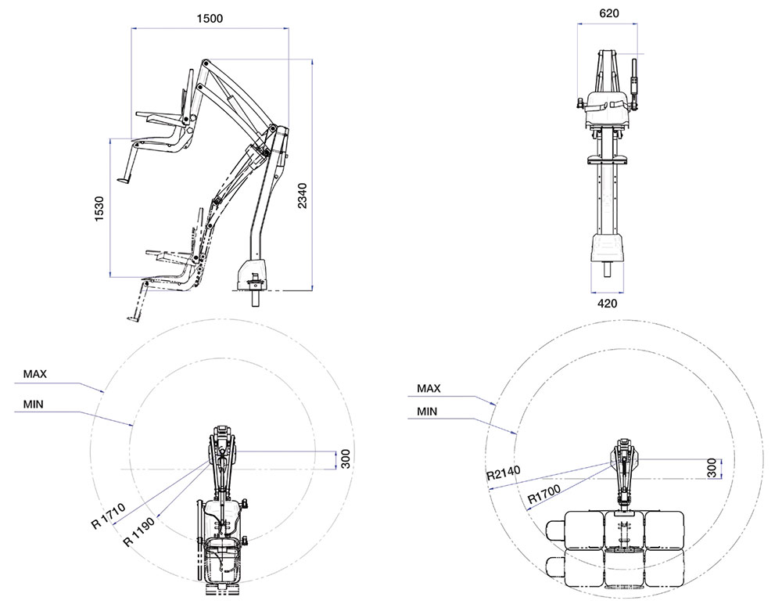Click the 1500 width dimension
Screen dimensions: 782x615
pyautogui.click(x=210, y=19)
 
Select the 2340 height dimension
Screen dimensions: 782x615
pyautogui.click(x=302, y=196)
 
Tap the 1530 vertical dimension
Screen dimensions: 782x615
pyautogui.click(x=99, y=209)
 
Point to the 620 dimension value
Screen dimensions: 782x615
pyautogui.click(x=609, y=13)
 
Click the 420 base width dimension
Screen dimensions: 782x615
pyautogui.click(x=607, y=303)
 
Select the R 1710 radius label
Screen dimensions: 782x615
pyautogui.click(x=108, y=516)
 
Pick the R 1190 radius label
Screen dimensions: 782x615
pyautogui.click(x=138, y=532)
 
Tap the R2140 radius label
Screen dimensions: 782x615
pyautogui.click(x=504, y=473)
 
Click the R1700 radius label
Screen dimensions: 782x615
pyautogui.click(x=544, y=494)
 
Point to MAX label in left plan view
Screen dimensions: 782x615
pyautogui.click(x=35, y=374)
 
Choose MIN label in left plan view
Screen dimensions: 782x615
pyautogui.click(x=34, y=405)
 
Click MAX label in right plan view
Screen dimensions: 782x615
pyautogui.click(x=429, y=388)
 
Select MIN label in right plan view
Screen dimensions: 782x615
pyautogui.click(x=427, y=412)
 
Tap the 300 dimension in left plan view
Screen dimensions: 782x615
pyautogui.click(x=346, y=459)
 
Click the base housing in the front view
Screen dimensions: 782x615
pyautogui.click(x=607, y=248)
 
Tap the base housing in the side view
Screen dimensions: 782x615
pyautogui.click(x=253, y=275)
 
